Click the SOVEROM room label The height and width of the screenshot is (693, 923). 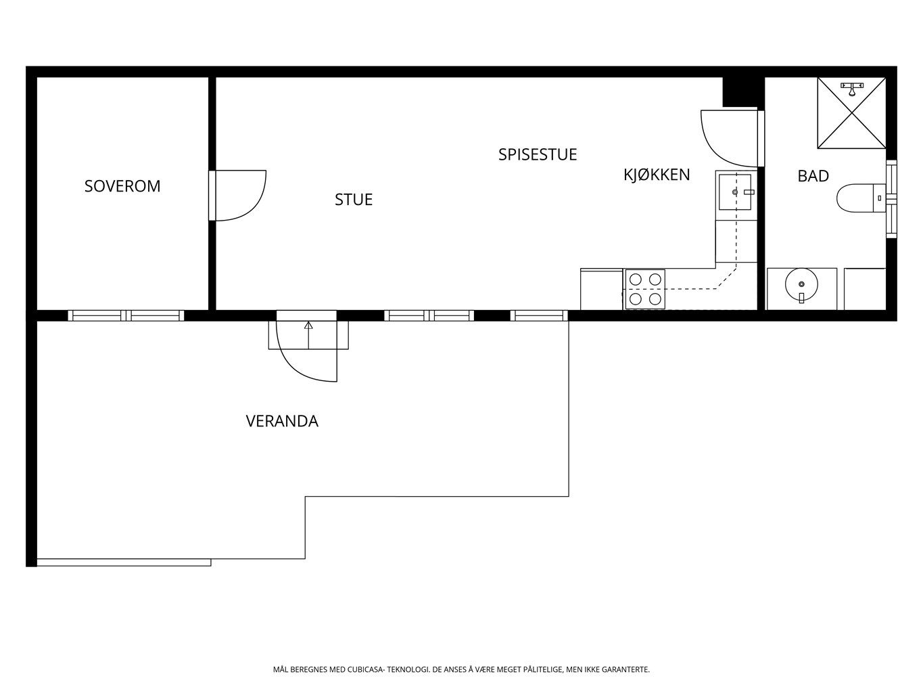click(x=122, y=186)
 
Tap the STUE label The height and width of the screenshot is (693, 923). click(x=354, y=200)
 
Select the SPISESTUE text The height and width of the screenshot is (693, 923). click(x=538, y=154)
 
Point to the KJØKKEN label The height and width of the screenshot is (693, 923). click(x=657, y=175)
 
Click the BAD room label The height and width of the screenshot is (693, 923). click(x=813, y=177)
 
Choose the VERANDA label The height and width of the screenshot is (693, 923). click(x=282, y=422)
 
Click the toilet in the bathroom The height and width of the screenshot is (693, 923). click(x=859, y=198)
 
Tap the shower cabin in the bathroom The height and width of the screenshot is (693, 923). click(x=851, y=112)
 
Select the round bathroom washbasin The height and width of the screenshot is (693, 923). click(x=801, y=284)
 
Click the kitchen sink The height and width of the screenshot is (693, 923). click(x=736, y=192)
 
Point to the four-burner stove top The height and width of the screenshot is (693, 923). click(x=645, y=289)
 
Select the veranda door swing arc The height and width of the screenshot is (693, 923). click(x=308, y=365)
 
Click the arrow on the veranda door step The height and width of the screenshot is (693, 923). click(x=308, y=326)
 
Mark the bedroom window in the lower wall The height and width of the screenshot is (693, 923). click(x=126, y=315)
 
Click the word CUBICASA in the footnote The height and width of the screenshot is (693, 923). click(x=366, y=670)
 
